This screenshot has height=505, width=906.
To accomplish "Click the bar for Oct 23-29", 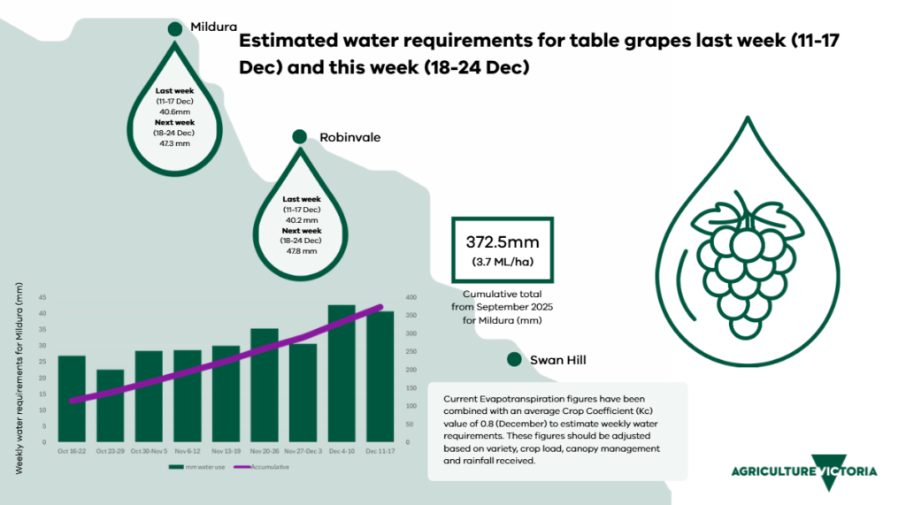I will [111, 406].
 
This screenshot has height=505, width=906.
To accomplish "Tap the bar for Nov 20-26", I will [265, 385].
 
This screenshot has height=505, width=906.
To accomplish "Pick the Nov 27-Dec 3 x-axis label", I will [303, 450].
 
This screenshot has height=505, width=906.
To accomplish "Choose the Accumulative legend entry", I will [269, 466].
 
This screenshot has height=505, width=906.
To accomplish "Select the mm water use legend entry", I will [206, 466].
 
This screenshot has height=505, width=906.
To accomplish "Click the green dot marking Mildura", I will [175, 28].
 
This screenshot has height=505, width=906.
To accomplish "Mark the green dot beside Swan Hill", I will [513, 359].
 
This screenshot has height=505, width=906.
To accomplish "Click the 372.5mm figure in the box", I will [503, 241].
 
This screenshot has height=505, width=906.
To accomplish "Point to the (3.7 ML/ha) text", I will [503, 262].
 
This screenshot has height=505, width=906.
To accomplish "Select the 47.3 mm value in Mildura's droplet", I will [175, 142].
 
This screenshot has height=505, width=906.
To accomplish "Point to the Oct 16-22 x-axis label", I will [73, 450].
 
